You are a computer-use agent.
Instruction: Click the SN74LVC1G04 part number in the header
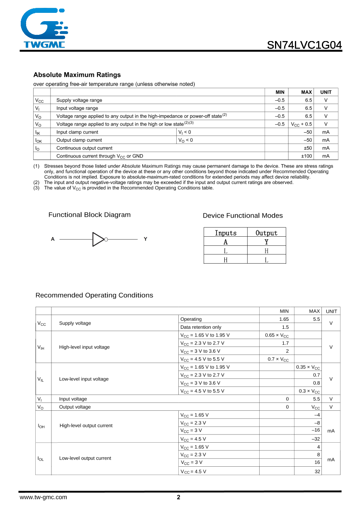pos(304,45)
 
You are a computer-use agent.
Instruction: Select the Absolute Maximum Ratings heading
pos(77,75)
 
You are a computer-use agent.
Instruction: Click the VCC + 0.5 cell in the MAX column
pos(301,124)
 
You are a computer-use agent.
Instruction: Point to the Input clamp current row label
pos(77,132)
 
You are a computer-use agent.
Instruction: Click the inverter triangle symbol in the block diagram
pos(98,240)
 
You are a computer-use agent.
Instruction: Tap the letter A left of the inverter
pos(53,239)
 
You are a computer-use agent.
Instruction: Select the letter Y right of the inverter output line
pos(145,239)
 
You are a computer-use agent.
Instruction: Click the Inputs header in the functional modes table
pos(225,233)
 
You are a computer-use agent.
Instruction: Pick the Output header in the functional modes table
pos(266,233)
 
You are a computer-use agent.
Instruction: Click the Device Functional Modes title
pos(243,216)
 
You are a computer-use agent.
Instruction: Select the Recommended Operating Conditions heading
pos(94,295)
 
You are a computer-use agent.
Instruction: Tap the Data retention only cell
pos(201,327)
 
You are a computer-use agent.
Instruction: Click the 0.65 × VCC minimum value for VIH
pos(277,335)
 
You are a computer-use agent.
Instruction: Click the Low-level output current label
pos(85,458)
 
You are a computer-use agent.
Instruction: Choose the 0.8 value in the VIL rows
pos(316,383)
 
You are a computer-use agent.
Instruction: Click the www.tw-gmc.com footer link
pos(43,497)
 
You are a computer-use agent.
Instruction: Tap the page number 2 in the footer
pos(179,498)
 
